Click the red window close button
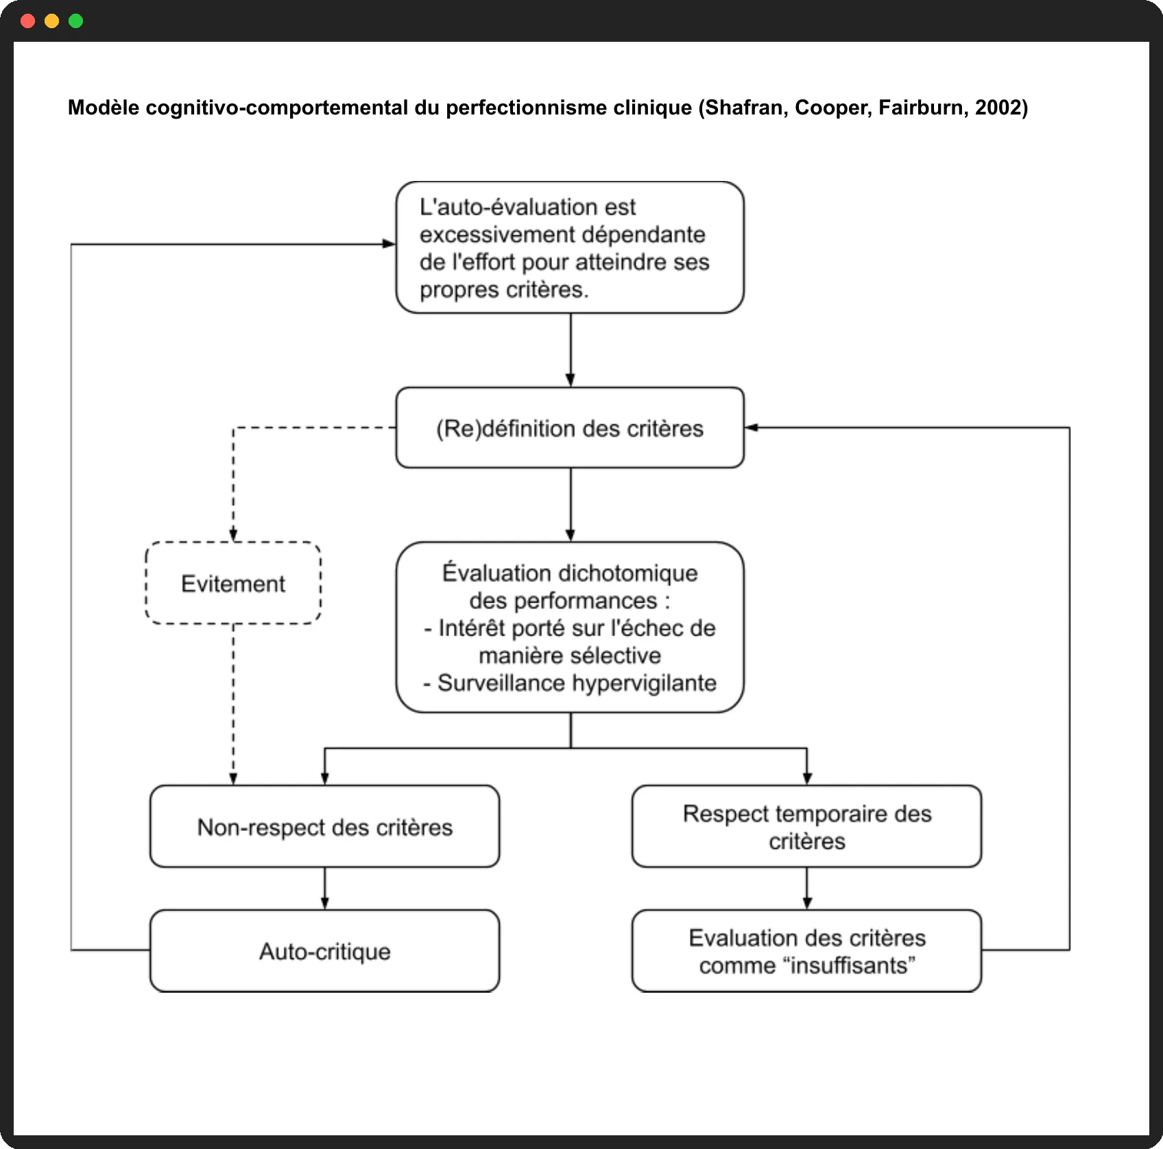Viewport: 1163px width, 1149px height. click(x=28, y=21)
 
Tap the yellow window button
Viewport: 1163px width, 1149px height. click(x=52, y=21)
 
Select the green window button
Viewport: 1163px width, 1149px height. click(x=76, y=21)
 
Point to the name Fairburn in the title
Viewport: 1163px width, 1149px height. click(x=920, y=108)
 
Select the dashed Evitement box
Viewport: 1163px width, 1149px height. click(x=233, y=583)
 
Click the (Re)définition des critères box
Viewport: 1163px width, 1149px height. click(x=570, y=428)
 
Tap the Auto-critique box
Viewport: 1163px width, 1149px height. click(x=325, y=951)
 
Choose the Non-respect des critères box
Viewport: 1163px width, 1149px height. click(x=325, y=827)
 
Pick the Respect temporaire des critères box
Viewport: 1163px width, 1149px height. click(x=807, y=827)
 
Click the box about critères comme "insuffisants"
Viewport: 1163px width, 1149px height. click(x=807, y=951)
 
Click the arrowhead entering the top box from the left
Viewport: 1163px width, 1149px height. click(x=389, y=243)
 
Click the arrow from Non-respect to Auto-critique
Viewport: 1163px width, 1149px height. click(x=325, y=888)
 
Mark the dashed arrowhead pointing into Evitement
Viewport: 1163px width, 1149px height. click(x=233, y=535)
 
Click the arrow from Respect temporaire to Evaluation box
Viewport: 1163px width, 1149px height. click(x=807, y=888)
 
